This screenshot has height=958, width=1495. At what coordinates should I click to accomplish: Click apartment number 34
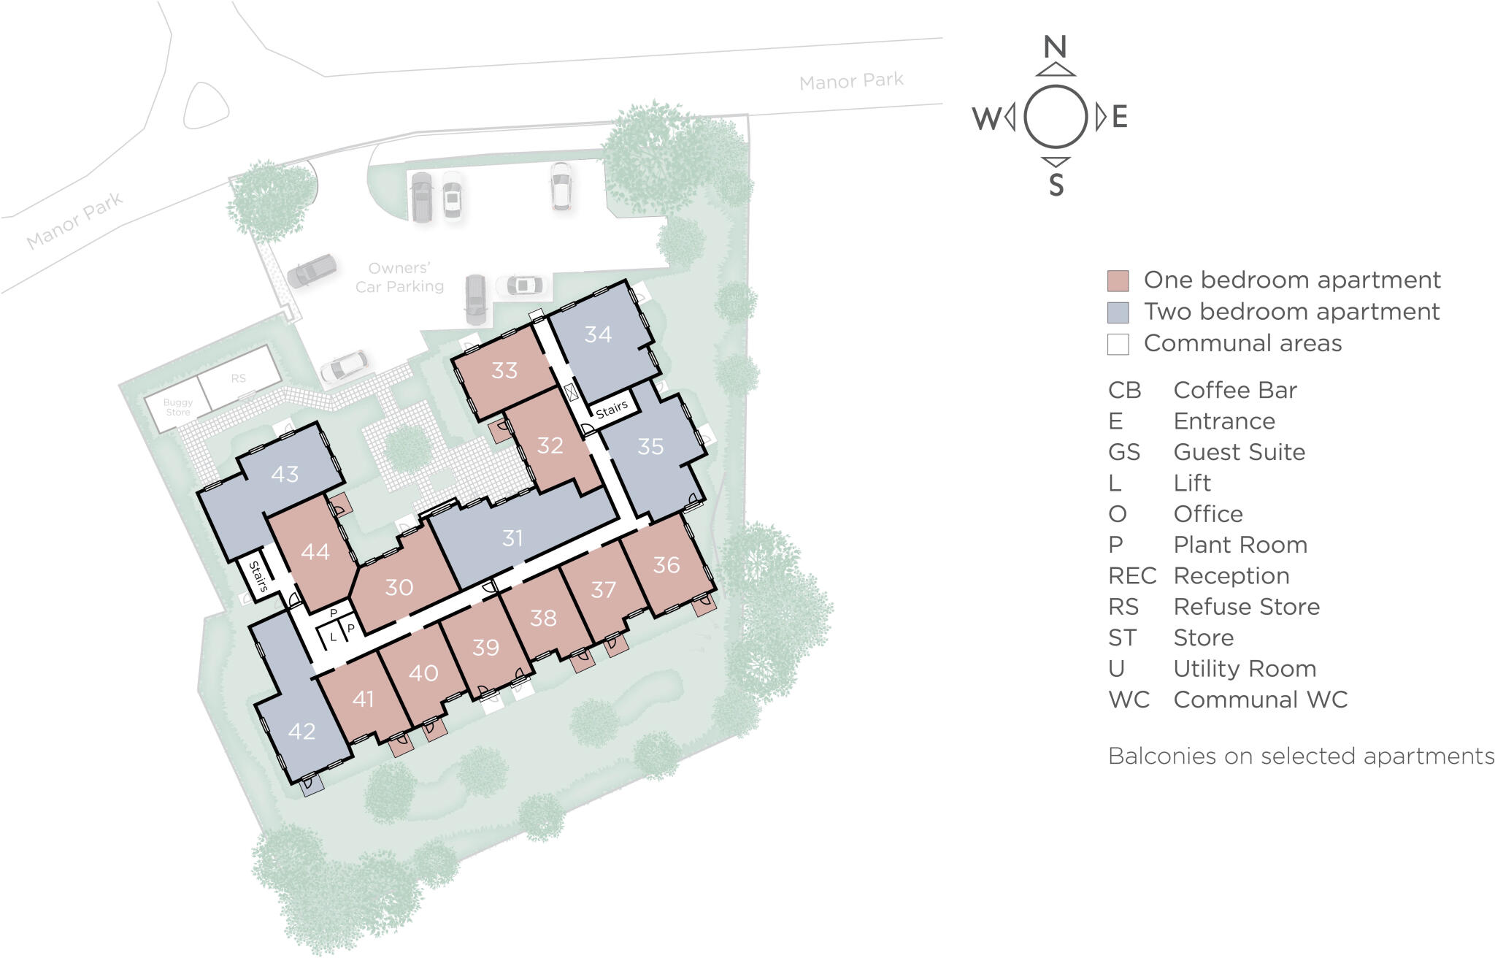click(x=598, y=334)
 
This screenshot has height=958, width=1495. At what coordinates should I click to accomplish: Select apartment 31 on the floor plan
click(x=512, y=538)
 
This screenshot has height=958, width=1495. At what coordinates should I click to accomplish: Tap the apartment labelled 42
click(x=301, y=731)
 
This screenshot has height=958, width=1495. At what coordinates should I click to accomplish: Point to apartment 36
click(x=666, y=564)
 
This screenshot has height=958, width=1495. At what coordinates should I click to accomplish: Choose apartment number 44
click(x=315, y=552)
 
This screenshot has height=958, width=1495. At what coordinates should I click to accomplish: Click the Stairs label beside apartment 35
click(x=612, y=409)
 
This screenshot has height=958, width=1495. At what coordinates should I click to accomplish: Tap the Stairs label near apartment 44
click(x=258, y=576)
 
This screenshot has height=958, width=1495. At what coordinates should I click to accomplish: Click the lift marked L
click(x=333, y=637)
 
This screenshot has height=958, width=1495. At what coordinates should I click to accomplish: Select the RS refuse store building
click(x=239, y=378)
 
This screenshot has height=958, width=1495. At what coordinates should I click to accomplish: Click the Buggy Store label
click(x=178, y=407)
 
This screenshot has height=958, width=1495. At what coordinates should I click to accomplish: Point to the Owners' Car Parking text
click(x=399, y=277)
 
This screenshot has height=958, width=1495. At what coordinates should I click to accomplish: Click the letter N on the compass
click(x=1055, y=47)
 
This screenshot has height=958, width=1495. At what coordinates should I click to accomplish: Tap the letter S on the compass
click(x=1056, y=186)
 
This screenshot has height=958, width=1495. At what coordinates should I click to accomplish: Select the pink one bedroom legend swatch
click(x=1118, y=280)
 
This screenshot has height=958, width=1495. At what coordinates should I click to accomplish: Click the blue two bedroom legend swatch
click(x=1118, y=313)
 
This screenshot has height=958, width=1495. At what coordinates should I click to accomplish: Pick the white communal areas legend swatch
click(x=1118, y=344)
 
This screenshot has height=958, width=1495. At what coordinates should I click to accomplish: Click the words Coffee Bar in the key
click(x=1234, y=390)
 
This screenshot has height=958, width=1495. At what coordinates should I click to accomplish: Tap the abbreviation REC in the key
click(x=1131, y=576)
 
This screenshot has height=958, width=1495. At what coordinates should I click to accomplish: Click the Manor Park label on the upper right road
click(x=851, y=81)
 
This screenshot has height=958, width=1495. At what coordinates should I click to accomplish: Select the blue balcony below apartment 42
click(x=313, y=786)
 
